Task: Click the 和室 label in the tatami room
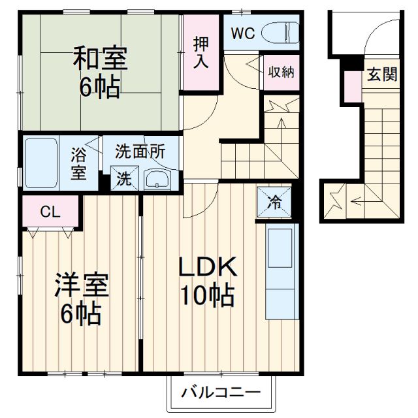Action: [100, 59]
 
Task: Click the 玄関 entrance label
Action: [381, 74]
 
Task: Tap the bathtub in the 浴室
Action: [41, 162]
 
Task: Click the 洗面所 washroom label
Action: [140, 152]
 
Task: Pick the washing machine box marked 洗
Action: [123, 178]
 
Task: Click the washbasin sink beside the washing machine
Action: [157, 179]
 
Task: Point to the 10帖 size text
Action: [208, 297]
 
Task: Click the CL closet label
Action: [47, 211]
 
